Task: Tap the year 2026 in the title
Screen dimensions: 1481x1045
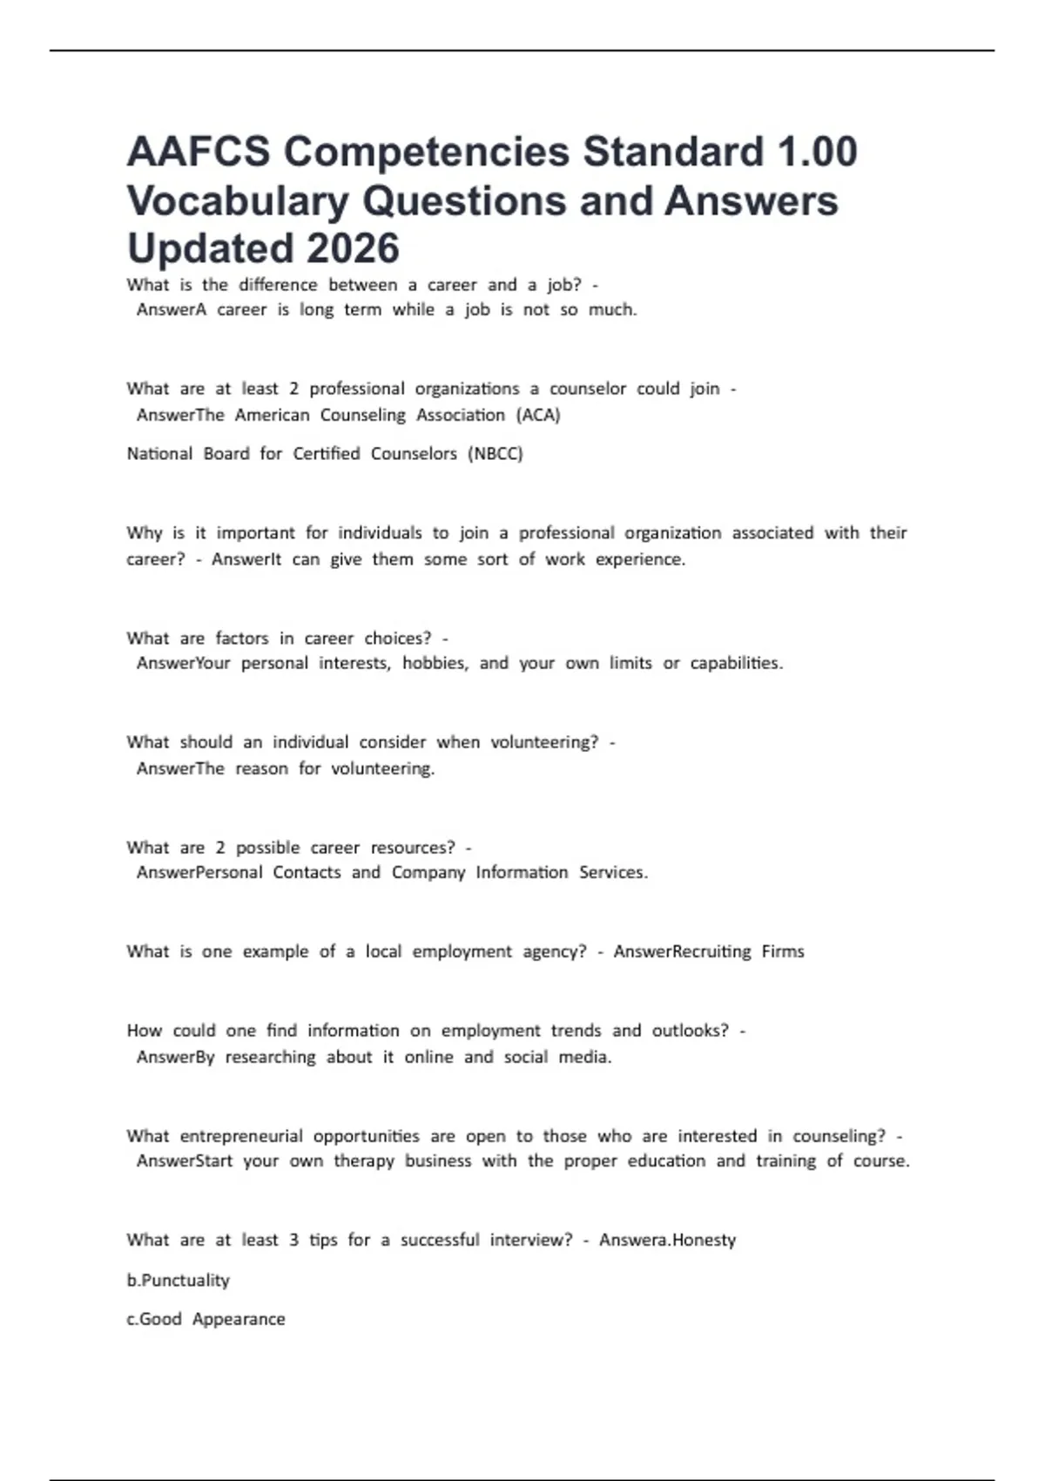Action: (353, 248)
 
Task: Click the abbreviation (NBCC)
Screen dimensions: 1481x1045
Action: (495, 454)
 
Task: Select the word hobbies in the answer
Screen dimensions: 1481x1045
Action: (435, 664)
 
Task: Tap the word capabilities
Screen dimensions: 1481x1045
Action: (736, 664)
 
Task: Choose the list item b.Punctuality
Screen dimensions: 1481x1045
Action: (179, 1281)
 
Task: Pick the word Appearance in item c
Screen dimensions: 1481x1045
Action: (239, 1320)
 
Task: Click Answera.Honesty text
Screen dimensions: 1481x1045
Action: (667, 1241)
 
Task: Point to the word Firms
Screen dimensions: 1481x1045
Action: (783, 952)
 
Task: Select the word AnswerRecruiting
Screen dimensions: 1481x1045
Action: (682, 952)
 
